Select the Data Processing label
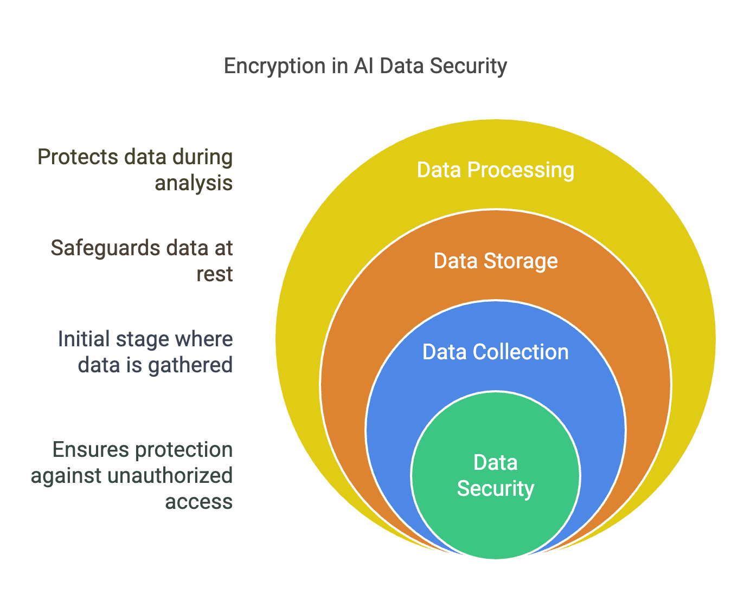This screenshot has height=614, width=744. click(495, 170)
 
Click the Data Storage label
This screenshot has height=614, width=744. click(495, 261)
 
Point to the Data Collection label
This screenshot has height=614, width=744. click(495, 352)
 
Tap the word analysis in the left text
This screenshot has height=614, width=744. click(194, 183)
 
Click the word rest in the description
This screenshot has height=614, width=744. click(214, 274)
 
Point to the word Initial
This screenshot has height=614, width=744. click(84, 339)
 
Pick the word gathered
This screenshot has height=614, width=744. click(190, 365)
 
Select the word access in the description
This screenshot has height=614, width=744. click(198, 502)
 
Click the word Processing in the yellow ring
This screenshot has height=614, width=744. click(520, 170)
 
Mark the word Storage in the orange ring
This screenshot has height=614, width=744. click(520, 261)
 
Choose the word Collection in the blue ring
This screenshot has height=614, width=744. click(520, 352)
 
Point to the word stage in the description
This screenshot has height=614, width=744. click(142, 339)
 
